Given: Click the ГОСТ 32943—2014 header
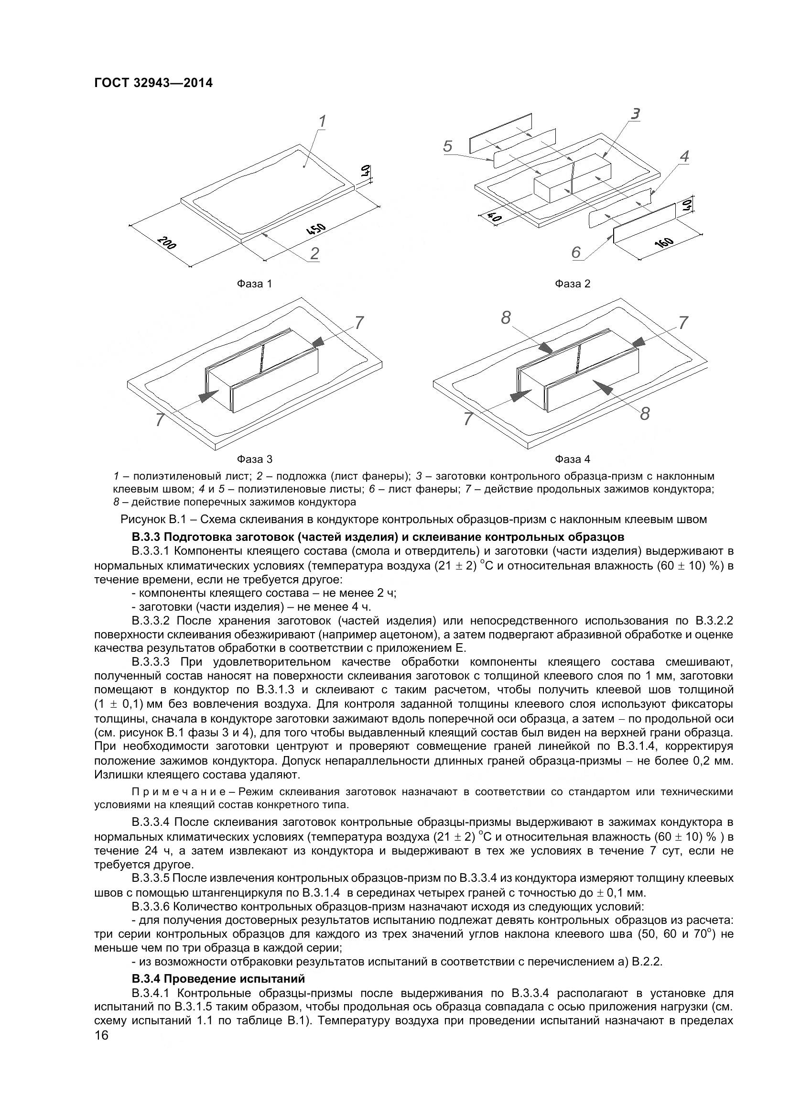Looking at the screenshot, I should click(x=153, y=83).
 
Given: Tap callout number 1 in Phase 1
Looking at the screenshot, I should click(x=322, y=121).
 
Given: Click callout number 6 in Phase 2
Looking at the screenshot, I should click(x=576, y=252).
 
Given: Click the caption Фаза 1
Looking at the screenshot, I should click(x=254, y=284).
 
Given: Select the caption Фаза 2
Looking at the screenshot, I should click(x=573, y=284).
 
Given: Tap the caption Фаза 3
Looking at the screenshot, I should click(x=254, y=459).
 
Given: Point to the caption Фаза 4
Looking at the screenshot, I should click(x=573, y=459).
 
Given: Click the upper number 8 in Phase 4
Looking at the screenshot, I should click(x=506, y=318).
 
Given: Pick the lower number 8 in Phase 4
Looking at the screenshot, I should click(x=645, y=414).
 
